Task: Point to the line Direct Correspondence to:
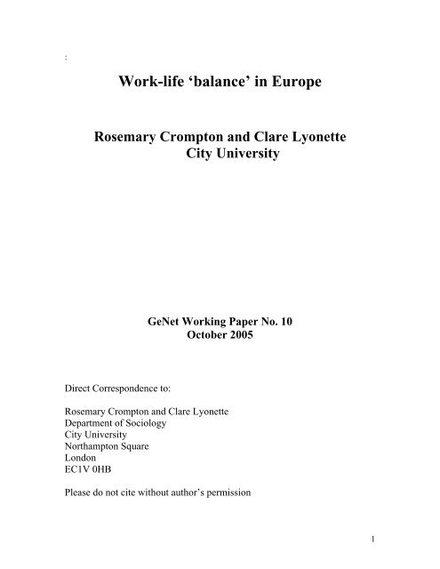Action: (x=122, y=389)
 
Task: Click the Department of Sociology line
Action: (x=118, y=437)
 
